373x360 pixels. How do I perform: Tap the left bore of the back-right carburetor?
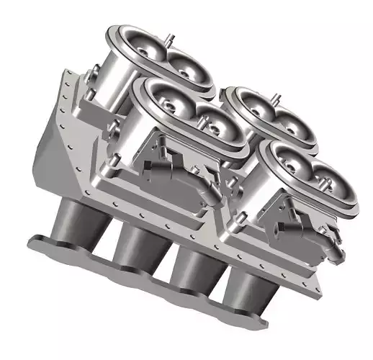[x=251, y=108]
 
